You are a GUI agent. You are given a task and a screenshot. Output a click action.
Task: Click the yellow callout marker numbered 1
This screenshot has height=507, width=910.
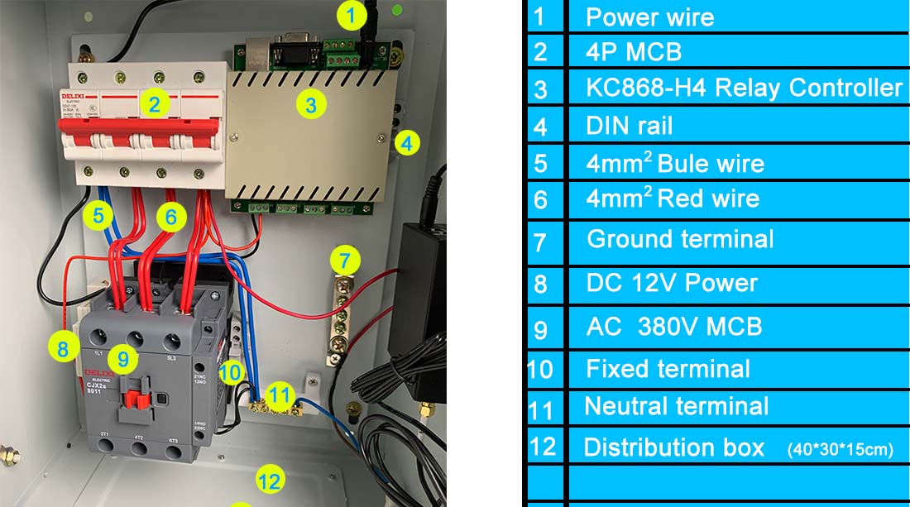tap(352, 14)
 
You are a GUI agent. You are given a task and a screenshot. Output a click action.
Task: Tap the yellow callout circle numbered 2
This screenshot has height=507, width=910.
tap(155, 103)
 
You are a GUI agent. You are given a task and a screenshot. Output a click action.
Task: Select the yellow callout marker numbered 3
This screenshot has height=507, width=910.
tap(310, 105)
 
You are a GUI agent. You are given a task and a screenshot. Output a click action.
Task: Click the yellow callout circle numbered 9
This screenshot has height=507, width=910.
tap(123, 358)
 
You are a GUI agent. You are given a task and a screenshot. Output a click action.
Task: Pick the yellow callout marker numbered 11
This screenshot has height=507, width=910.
tap(281, 396)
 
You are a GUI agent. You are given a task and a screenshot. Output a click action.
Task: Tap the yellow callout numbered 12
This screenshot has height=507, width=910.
tap(270, 479)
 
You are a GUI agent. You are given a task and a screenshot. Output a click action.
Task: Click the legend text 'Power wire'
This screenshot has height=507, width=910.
tap(649, 17)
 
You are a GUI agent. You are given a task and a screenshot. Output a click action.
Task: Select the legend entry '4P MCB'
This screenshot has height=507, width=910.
tap(633, 52)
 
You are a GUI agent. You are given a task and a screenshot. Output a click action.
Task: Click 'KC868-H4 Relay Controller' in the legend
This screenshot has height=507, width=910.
tap(744, 88)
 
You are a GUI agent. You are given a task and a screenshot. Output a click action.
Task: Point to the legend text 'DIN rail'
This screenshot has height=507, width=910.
tap(629, 126)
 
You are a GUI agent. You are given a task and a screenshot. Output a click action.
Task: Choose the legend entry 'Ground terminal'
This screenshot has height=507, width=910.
tap(680, 239)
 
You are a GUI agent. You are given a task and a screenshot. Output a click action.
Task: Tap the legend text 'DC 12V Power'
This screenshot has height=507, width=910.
tap(672, 283)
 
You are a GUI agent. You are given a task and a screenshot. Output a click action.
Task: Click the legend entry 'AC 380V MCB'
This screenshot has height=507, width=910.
tap(673, 326)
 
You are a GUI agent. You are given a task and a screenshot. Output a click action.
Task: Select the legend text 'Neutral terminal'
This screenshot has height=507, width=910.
tap(676, 406)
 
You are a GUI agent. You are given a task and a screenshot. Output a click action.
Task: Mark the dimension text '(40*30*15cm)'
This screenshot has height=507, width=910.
tap(841, 450)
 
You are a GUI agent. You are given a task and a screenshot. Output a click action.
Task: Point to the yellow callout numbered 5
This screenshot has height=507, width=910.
tap(98, 217)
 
